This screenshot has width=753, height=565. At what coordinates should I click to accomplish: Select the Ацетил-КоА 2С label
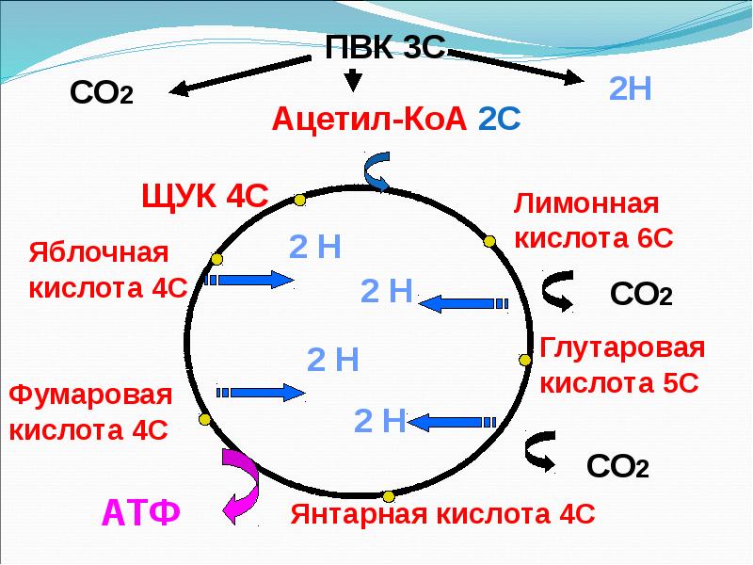pos(390,120)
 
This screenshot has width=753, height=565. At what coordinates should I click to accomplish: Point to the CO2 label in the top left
pos(102,94)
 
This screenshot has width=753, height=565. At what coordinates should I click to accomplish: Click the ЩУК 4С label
pos(204,197)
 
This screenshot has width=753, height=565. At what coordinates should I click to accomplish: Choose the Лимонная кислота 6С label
pos(593,220)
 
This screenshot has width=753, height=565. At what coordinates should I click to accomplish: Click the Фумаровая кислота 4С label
pos(90,412)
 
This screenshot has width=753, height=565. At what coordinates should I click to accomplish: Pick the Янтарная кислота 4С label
pos(442,515)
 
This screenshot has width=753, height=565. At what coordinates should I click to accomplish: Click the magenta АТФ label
pos(140,514)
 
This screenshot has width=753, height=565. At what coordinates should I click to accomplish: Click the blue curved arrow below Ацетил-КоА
pos(374,169)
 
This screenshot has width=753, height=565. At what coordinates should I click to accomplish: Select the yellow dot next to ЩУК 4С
pos(299,200)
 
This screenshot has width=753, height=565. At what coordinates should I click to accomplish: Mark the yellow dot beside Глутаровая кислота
pos(524,359)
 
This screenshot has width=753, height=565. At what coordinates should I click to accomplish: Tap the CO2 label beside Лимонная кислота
pos(640,294)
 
